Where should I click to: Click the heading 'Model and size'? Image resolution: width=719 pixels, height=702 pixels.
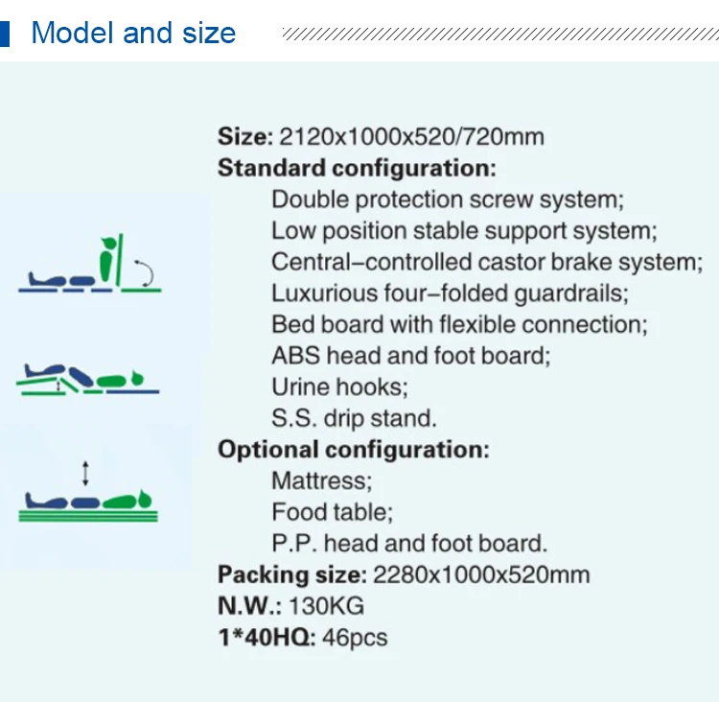click(133, 34)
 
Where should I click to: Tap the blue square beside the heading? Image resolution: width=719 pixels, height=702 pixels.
click(6, 34)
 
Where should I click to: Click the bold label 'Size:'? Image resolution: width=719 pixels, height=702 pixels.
click(245, 137)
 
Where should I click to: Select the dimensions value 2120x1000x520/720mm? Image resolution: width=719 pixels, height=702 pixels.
click(411, 137)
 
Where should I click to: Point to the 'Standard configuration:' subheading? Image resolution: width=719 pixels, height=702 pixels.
click(357, 169)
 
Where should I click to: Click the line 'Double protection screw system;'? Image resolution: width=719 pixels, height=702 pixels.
click(448, 199)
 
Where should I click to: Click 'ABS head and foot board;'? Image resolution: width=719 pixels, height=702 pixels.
click(411, 356)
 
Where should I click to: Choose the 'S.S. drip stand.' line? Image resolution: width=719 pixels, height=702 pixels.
click(354, 418)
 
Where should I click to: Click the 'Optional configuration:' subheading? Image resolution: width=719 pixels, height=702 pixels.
click(353, 450)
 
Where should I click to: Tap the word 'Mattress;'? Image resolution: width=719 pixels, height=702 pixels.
click(322, 480)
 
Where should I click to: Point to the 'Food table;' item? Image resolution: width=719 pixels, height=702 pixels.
click(332, 512)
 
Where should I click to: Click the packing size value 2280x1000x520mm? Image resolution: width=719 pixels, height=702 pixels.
click(481, 575)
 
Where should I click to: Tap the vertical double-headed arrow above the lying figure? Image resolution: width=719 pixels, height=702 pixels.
click(86, 473)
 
